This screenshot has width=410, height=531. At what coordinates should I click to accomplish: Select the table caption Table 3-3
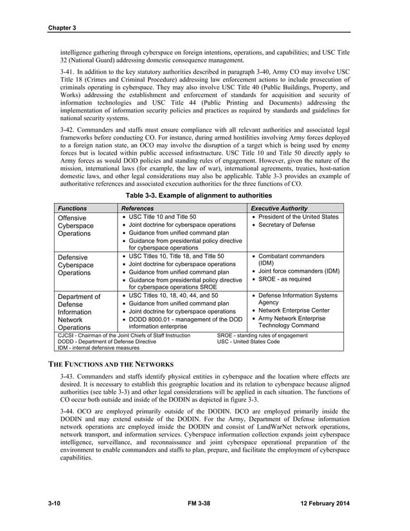click(x=204, y=194)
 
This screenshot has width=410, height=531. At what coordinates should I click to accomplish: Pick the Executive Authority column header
click(x=279, y=208)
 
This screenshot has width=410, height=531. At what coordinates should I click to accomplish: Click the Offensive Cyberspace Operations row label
click(x=76, y=226)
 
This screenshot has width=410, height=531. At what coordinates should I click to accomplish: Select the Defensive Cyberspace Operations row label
click(x=76, y=264)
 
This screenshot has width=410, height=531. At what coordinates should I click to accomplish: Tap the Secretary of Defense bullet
click(x=289, y=225)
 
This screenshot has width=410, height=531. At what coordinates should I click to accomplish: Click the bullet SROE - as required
click(x=284, y=279)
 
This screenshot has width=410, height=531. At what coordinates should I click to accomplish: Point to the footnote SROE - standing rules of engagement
click(x=262, y=335)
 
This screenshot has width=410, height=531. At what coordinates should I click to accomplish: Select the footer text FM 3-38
click(x=204, y=501)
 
